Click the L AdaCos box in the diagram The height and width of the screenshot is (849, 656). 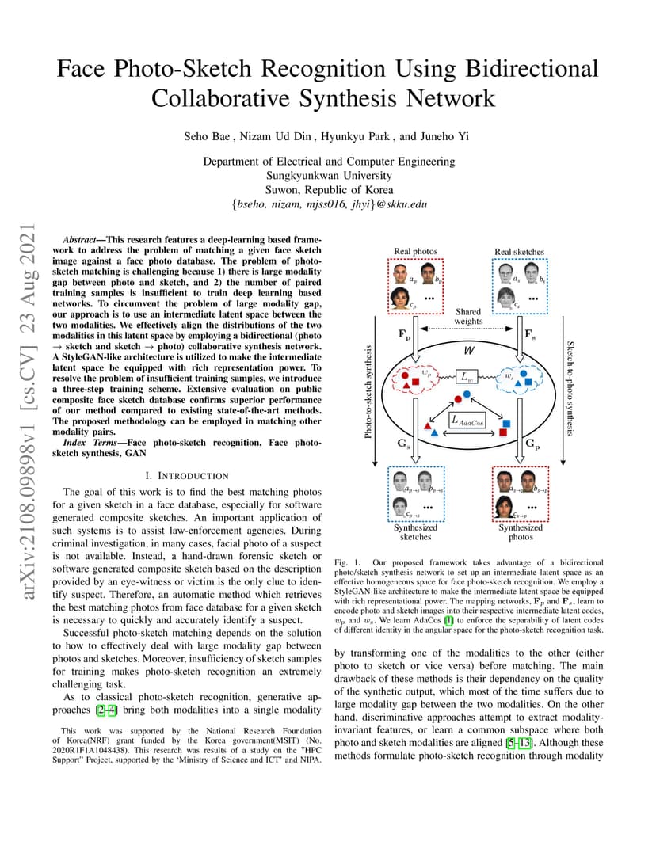click(467, 421)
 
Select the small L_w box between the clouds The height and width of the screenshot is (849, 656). click(467, 376)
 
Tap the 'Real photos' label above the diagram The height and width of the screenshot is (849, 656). click(415, 251)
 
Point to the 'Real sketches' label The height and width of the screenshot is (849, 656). click(519, 252)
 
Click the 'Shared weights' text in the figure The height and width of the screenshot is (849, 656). click(468, 316)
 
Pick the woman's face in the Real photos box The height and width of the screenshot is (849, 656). click(400, 298)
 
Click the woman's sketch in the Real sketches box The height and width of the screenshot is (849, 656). click(506, 297)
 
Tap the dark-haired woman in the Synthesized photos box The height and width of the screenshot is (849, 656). click(504, 507)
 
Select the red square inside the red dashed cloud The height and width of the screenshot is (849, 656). click(415, 382)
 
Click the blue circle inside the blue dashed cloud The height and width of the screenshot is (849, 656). click(523, 374)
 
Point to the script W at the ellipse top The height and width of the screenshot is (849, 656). click(469, 350)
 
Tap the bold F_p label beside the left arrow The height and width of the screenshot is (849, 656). click(405, 335)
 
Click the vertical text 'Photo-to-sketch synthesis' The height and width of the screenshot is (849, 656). click(368, 392)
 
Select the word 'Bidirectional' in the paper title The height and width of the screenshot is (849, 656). click(532, 69)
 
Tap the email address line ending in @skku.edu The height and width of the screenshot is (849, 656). click(329, 204)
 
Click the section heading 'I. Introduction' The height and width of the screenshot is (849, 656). click(187, 476)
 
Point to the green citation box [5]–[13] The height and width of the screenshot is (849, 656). click(519, 743)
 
